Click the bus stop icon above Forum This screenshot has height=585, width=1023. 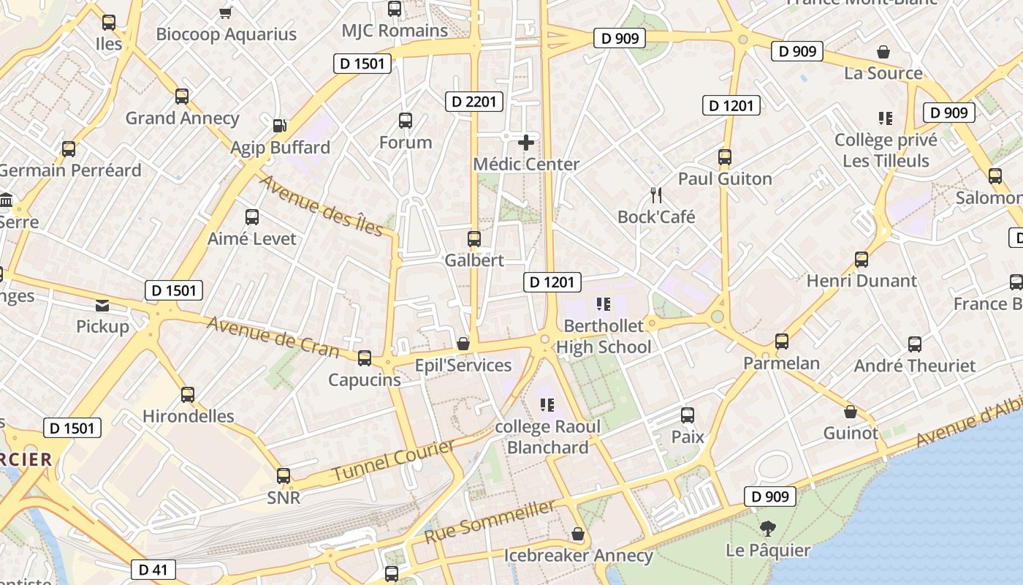point(406,121)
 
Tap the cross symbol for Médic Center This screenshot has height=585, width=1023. point(525,143)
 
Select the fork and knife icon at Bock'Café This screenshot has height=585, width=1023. point(656,195)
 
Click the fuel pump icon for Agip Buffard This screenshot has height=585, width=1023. point(279,126)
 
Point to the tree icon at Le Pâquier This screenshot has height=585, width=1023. point(767,529)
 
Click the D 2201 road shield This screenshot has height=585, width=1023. point(474,102)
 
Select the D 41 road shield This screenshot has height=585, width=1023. point(153,570)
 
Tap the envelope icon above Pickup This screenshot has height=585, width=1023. point(102,306)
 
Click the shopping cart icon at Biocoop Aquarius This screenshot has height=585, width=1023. point(226,12)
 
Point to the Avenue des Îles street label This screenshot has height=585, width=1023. point(322,206)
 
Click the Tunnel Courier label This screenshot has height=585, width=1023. point(393,461)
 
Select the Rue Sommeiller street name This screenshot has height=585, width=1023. point(489,521)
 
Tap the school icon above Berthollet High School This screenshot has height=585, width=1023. point(603,303)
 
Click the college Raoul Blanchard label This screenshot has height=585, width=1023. point(548,437)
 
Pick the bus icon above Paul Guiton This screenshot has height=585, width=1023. point(725,157)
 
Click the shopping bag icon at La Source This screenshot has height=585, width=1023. point(883,52)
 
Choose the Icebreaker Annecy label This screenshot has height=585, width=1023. point(578,556)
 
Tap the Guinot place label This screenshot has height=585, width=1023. point(851,433)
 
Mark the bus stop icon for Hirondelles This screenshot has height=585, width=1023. point(188,395)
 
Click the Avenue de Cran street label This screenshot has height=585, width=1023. point(273,336)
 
